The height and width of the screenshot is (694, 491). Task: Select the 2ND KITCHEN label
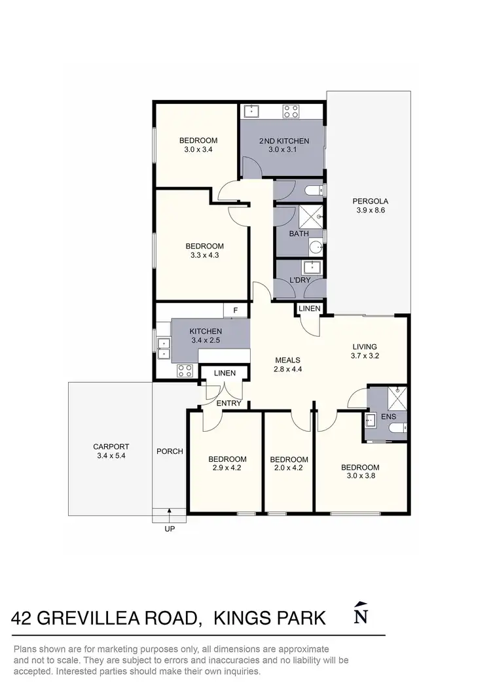[x=283, y=141]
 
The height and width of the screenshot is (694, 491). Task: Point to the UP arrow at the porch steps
[x=170, y=513]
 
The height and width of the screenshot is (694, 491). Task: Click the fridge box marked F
[x=235, y=311]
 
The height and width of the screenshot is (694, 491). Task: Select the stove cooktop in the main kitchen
[x=185, y=370]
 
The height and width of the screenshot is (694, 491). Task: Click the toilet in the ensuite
[x=397, y=429]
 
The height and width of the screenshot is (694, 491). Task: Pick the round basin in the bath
[x=316, y=247]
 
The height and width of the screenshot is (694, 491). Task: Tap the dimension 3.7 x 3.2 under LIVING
[x=365, y=356]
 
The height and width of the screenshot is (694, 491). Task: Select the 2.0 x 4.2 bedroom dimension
[x=289, y=468]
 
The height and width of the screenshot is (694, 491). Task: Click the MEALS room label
[x=287, y=360]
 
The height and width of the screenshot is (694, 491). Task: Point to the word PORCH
[x=170, y=451]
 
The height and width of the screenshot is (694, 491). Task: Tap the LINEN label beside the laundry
[x=309, y=308]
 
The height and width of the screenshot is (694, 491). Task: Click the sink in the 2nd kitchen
[x=251, y=111]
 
